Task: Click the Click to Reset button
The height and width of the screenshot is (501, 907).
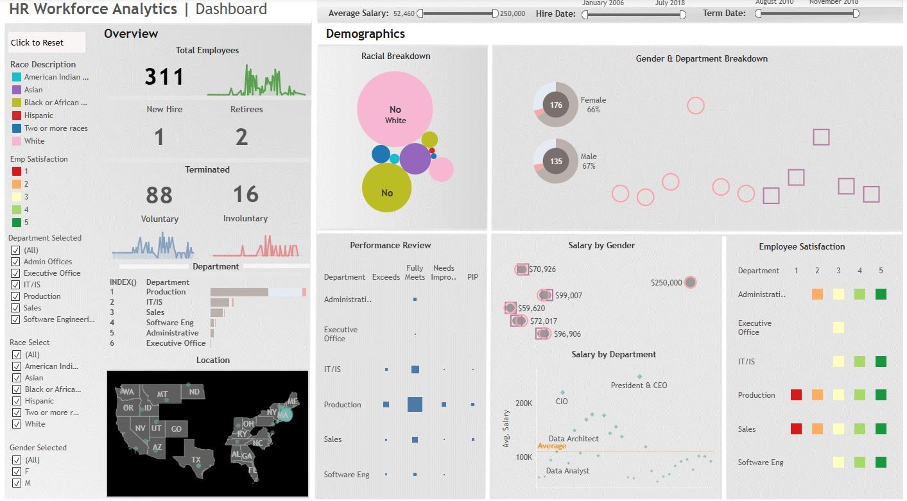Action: click(x=46, y=42)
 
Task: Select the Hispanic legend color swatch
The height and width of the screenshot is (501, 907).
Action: click(x=17, y=115)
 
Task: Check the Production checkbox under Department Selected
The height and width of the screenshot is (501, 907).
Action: click(x=15, y=296)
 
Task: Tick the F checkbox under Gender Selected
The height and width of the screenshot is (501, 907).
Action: click(x=15, y=471)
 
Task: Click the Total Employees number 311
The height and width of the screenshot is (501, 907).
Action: click(x=164, y=77)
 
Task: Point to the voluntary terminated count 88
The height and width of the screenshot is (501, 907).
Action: click(x=159, y=194)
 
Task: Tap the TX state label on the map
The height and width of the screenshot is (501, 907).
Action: click(x=196, y=459)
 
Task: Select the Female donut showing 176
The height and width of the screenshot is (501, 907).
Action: click(x=556, y=105)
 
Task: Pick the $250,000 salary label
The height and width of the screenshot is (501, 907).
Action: click(x=666, y=282)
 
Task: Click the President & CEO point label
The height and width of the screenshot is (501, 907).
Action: click(x=639, y=386)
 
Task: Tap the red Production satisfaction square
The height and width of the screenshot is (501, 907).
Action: click(x=796, y=395)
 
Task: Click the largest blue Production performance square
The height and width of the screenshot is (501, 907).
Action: click(x=415, y=404)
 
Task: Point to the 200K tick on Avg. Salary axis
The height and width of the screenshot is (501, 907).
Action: click(x=524, y=403)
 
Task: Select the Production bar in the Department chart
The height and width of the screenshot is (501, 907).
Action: click(x=239, y=292)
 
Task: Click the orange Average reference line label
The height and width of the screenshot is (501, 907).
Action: click(x=551, y=446)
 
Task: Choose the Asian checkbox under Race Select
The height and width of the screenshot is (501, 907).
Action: click(x=15, y=378)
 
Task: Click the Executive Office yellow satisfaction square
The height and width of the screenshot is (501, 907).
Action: click(x=838, y=328)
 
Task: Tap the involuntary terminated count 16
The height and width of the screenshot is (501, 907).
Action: click(x=245, y=194)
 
